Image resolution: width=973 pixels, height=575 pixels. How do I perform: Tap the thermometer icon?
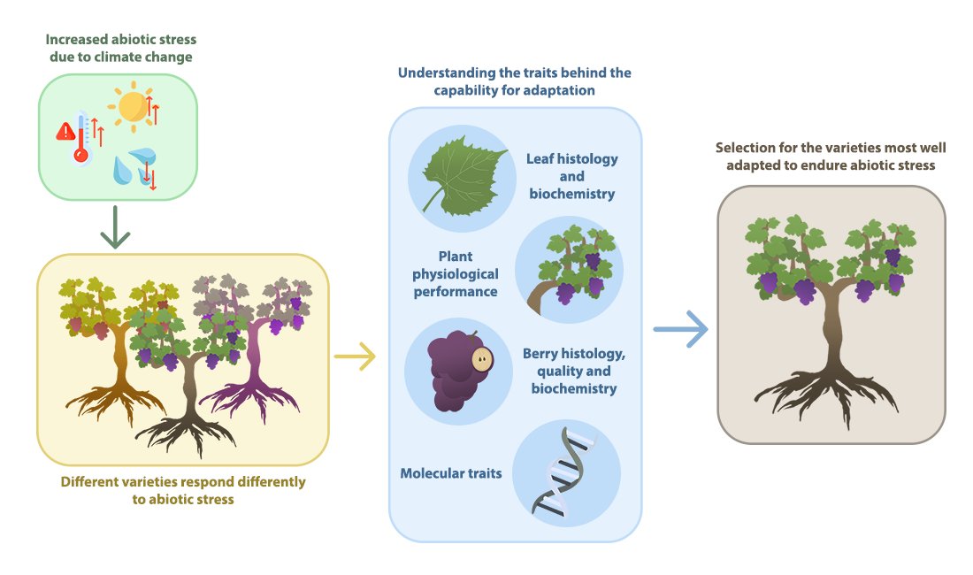click(x=83, y=138)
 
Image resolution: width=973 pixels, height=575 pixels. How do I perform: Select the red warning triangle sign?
click(x=65, y=132)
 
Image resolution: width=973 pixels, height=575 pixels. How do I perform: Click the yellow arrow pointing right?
click(x=355, y=356)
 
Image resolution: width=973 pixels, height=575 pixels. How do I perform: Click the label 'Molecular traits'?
click(x=451, y=473)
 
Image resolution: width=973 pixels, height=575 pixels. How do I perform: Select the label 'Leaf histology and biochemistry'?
click(x=571, y=176)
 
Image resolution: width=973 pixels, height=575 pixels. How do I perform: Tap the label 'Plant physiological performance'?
click(x=456, y=274)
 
